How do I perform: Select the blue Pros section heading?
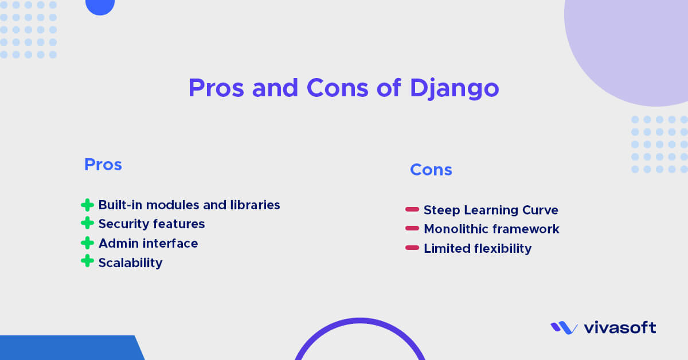coord(103,165)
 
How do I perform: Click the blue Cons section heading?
coord(431,170)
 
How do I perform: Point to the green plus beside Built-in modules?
coord(87,205)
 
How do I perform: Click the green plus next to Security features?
coord(87,224)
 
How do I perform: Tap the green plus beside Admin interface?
coord(87,243)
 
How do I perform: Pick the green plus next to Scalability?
coord(87,262)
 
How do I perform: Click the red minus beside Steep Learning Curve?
coord(412,210)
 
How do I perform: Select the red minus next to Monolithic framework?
coord(412,229)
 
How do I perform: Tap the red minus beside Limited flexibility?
coord(412,248)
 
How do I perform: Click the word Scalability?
coord(130,263)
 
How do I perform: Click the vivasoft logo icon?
coord(564,328)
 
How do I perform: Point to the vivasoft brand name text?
coord(620,328)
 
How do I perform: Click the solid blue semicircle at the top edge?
coord(100,6)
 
